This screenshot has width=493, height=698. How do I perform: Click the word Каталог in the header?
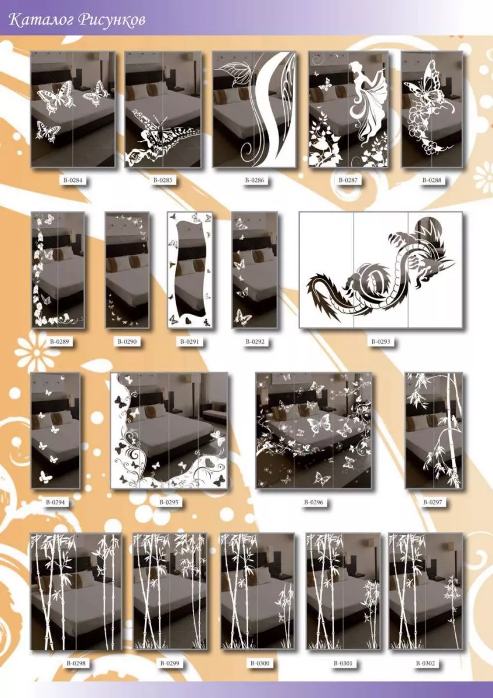point(41,20)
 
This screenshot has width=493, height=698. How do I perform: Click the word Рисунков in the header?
point(111,21)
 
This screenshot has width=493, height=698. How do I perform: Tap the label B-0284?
point(73,180)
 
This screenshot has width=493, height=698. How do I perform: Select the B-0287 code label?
point(348,180)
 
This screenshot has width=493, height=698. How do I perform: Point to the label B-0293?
point(381,341)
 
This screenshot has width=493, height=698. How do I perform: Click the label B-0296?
point(313,503)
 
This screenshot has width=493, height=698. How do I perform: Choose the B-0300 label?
point(260,664)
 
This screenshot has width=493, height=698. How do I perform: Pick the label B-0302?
point(425,664)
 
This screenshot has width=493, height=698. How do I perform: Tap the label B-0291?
point(190,341)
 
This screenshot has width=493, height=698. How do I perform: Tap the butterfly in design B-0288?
point(427,84)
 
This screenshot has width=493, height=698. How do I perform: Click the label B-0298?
point(76,664)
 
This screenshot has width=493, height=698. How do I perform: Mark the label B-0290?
point(127,341)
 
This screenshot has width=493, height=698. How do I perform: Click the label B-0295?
point(169,503)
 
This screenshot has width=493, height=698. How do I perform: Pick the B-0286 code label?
point(255,180)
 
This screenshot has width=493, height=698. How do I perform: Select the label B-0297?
point(433,503)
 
